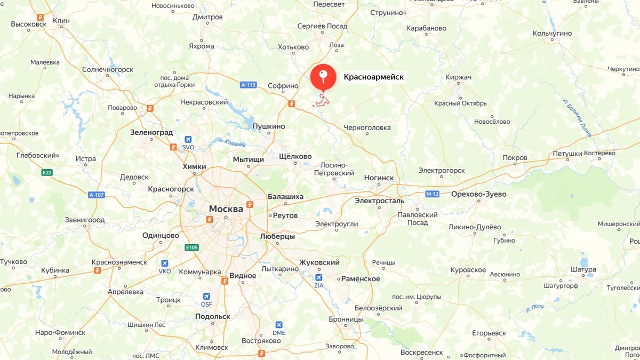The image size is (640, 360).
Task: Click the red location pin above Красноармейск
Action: coord(323,77)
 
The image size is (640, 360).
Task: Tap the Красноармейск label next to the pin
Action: coord(373,77)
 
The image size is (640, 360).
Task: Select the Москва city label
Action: coord(226,209)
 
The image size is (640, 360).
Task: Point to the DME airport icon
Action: coord(278,325)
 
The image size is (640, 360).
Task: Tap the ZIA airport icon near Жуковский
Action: coord(319,277)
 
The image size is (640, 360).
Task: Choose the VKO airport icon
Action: coord(165,263)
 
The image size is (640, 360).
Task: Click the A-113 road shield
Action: coord(249,84)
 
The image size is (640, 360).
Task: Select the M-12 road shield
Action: coord(432,194)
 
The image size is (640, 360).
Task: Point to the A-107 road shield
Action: coord(97,195)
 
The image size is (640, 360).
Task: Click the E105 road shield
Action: coord(192,247)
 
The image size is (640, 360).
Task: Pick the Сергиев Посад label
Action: coord(322,26)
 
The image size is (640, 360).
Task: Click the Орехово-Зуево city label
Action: coord(478,194)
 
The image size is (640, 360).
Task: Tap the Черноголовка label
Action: coord(367,128)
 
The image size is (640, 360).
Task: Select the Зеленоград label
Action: coord(151,132)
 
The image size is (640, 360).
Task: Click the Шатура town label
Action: coord(583,270)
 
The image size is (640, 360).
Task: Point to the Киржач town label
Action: coord(459,77)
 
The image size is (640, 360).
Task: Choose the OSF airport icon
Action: coord(207,297)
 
